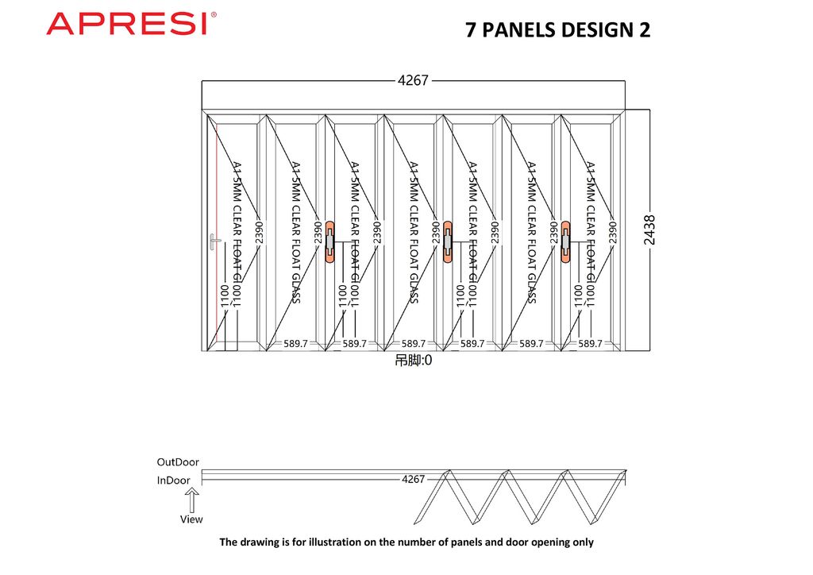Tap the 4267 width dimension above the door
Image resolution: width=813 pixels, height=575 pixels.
click(x=413, y=80)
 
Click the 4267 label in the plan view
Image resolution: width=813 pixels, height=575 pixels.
click(x=414, y=479)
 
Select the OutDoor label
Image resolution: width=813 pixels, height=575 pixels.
click(x=178, y=461)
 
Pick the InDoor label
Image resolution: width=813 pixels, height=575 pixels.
click(x=174, y=480)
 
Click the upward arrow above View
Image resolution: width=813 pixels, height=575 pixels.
click(x=191, y=500)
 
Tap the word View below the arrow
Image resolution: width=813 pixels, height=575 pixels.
click(x=191, y=519)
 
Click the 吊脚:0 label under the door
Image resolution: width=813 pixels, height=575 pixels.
click(x=414, y=361)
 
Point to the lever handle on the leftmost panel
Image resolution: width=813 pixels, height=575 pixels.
click(x=213, y=241)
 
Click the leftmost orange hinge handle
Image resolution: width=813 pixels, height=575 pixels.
click(x=330, y=241)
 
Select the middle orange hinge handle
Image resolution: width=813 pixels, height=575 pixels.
click(x=448, y=241)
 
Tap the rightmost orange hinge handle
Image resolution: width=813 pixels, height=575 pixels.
click(x=565, y=241)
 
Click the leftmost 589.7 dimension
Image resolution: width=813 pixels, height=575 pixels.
click(x=296, y=344)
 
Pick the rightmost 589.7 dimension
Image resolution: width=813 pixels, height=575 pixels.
click(x=590, y=344)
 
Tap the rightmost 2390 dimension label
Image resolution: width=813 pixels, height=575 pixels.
click(x=612, y=232)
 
